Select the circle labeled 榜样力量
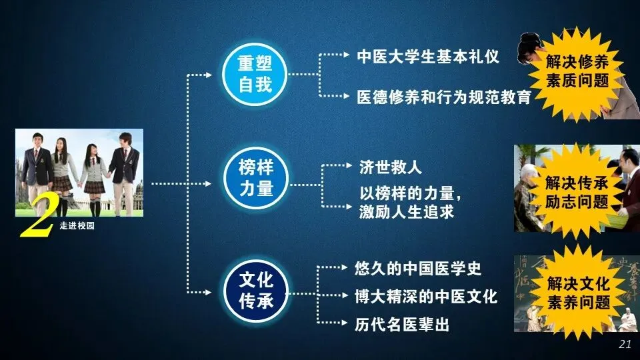point(256,177)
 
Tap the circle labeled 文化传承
point(256,291)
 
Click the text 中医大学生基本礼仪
point(428,56)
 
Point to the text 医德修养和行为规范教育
point(444,97)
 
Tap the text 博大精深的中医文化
point(427,297)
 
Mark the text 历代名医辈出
point(402,325)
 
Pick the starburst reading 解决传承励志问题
point(577,191)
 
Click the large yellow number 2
point(37,222)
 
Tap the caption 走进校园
point(77,227)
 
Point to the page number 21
point(625,344)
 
